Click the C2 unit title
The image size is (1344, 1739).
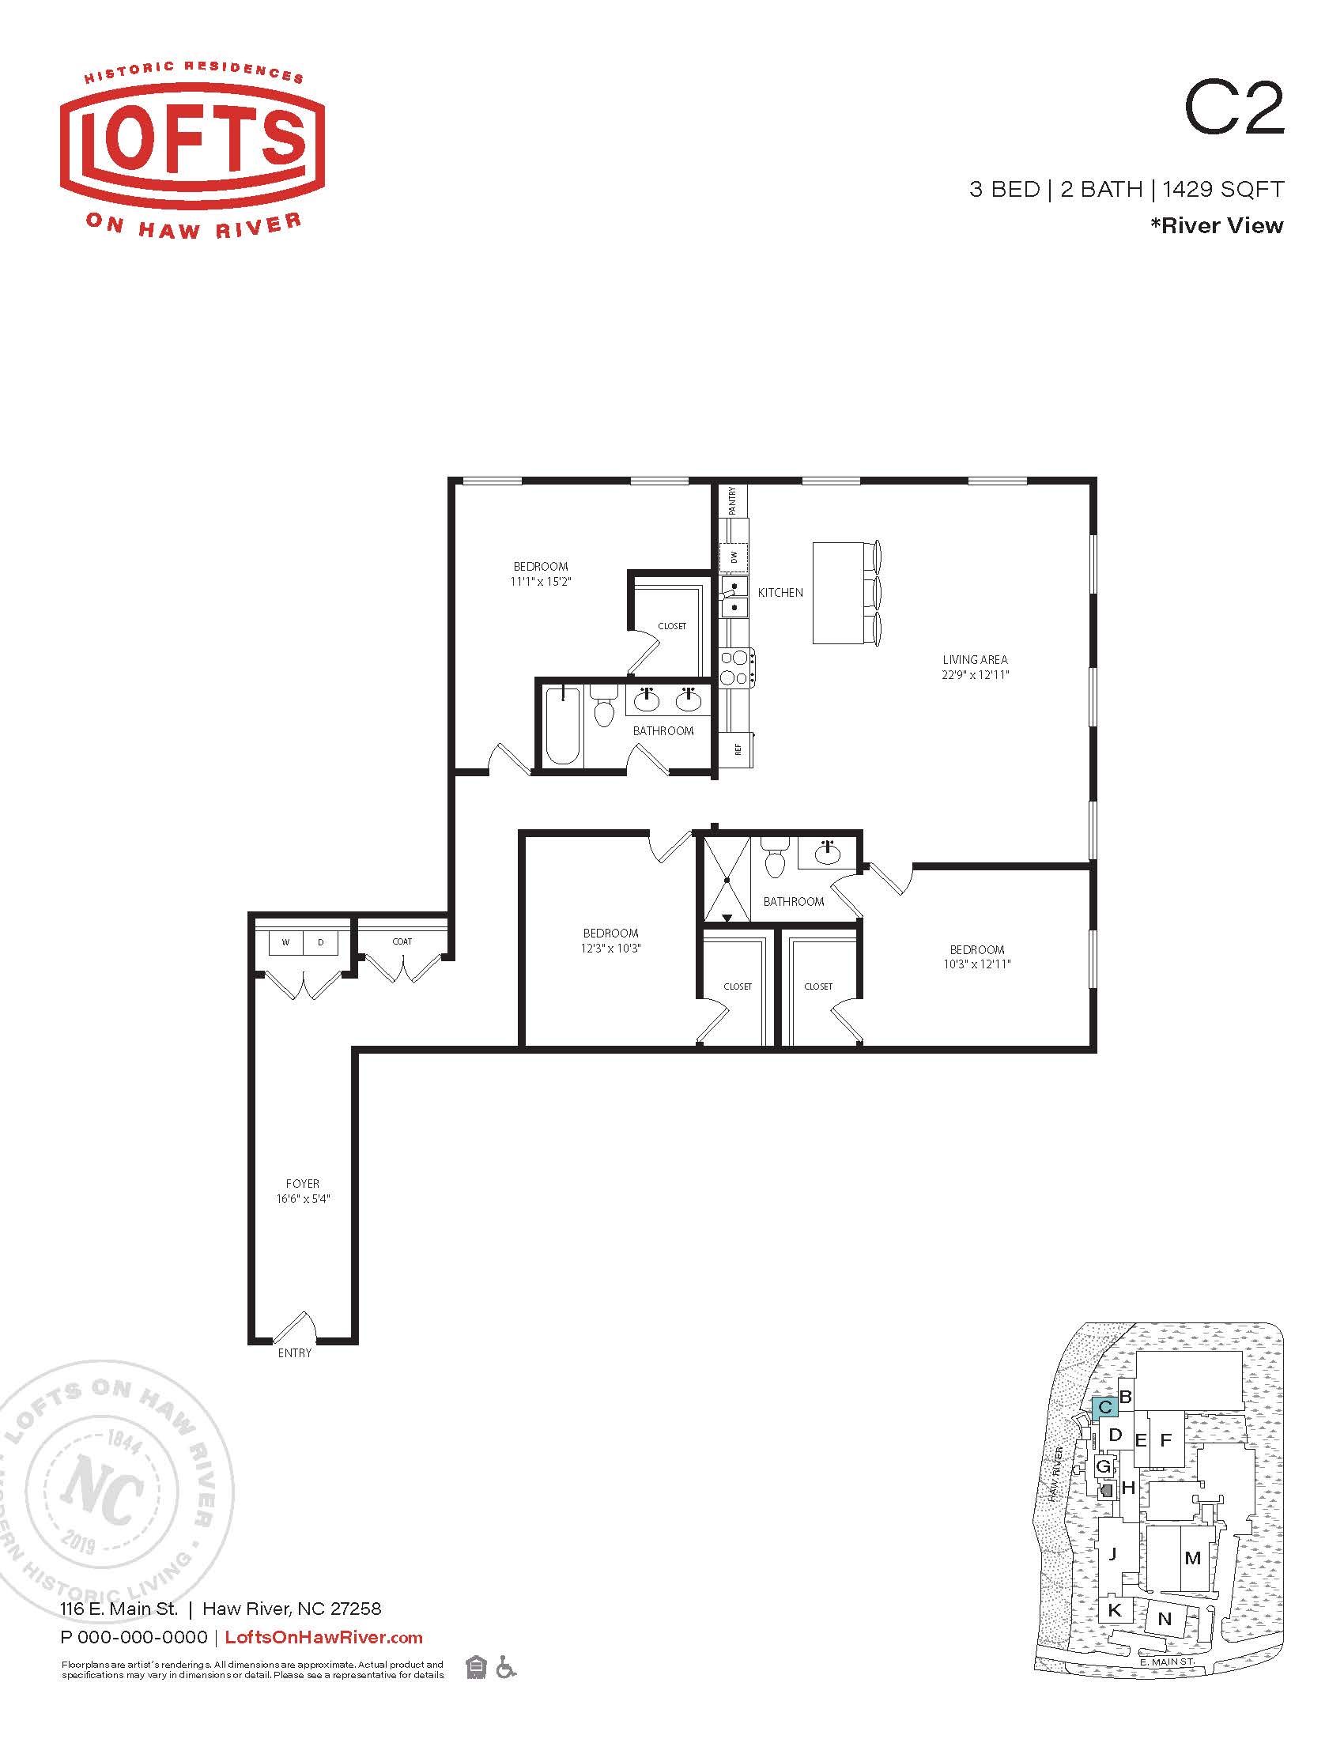tap(1234, 110)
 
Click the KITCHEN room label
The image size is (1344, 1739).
tap(780, 592)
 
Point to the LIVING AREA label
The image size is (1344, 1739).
tap(976, 659)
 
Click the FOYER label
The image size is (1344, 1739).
tap(303, 1184)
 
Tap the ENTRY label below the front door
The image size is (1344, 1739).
tap(295, 1352)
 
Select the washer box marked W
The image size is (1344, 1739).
tap(286, 943)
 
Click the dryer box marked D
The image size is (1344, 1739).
tap(321, 943)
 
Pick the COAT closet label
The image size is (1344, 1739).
tap(402, 941)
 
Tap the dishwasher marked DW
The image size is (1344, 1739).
tap(734, 556)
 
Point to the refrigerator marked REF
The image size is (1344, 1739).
tap(738, 749)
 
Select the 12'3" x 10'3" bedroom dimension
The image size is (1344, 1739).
tap(610, 949)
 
